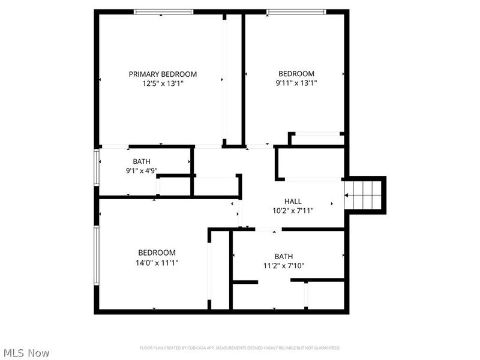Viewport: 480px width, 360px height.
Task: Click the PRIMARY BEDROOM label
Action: (x=163, y=74)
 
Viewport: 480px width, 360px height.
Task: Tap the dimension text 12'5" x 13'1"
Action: (x=163, y=84)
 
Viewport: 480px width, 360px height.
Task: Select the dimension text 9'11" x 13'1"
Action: (x=296, y=83)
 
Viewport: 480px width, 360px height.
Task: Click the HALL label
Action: (x=293, y=202)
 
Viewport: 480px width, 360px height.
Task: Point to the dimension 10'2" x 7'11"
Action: (x=293, y=211)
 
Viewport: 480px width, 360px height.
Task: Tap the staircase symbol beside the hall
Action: (x=367, y=196)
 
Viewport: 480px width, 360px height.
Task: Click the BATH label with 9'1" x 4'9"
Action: (x=142, y=161)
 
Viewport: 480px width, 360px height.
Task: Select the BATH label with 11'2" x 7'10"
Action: (x=284, y=257)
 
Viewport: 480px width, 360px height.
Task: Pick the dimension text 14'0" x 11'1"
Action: (x=157, y=262)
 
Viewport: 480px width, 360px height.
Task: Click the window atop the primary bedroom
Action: (x=163, y=11)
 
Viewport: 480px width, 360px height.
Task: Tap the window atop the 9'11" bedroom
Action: (x=296, y=11)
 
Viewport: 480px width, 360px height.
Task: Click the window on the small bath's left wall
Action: (x=96, y=171)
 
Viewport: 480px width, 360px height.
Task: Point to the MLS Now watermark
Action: (x=26, y=353)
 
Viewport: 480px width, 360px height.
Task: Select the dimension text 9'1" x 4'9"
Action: (x=142, y=170)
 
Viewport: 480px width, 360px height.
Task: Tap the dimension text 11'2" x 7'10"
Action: (x=284, y=266)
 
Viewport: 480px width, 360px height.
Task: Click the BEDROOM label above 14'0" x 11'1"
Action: (x=157, y=253)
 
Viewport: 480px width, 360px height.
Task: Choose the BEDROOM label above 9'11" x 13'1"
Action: (x=295, y=74)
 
